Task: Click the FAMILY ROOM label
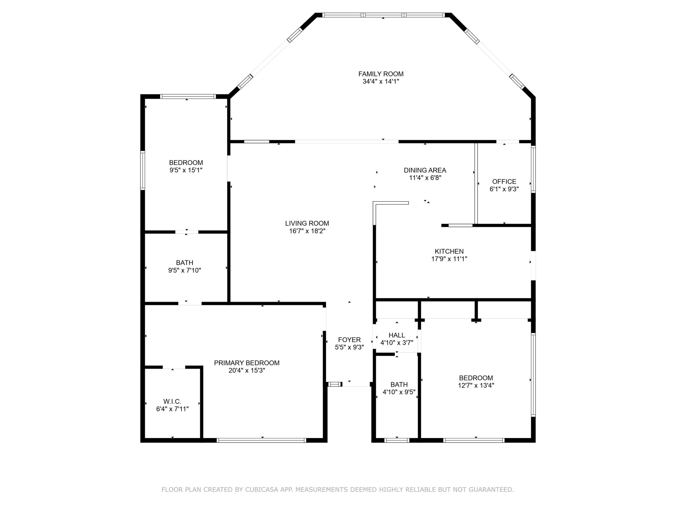(x=381, y=74)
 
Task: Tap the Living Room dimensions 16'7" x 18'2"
(x=307, y=231)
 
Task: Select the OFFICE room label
(x=504, y=181)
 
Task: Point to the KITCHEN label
(x=449, y=251)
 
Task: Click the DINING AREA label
(x=425, y=170)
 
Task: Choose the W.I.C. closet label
(x=172, y=401)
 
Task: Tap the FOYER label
(x=349, y=340)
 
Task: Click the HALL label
(x=397, y=335)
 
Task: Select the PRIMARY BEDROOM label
(x=247, y=363)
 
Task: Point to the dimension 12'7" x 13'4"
(x=476, y=385)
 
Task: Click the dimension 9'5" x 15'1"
(x=186, y=170)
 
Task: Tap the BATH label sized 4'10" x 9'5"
(x=399, y=384)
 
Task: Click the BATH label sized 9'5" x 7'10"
(x=184, y=262)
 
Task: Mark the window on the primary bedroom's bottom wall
(x=261, y=440)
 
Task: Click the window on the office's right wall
(x=533, y=169)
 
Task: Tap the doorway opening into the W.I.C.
(x=174, y=367)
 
